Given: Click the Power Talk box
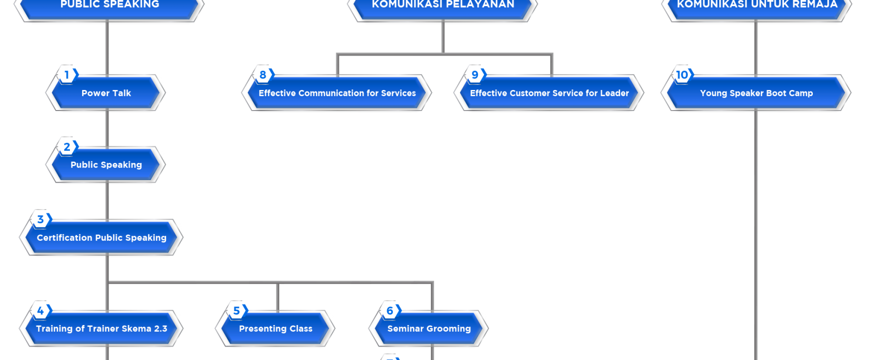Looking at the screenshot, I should click(106, 93).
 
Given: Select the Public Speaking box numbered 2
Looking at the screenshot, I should click(106, 165).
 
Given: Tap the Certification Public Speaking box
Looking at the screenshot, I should click(101, 238).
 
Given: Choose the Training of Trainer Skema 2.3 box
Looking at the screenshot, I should click(101, 329).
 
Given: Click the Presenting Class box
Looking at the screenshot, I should click(276, 329).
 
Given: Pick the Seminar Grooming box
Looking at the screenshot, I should click(429, 329).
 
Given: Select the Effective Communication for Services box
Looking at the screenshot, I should click(337, 93).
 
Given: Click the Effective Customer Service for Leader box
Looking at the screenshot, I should click(549, 93).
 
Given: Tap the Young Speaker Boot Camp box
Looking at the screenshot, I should click(756, 93).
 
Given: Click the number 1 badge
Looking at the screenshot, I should click(67, 75).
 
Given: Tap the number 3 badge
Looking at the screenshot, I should click(40, 220).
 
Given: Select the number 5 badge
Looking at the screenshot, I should click(236, 311).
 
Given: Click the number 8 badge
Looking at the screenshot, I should click(263, 75).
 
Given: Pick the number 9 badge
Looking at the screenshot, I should click(475, 75).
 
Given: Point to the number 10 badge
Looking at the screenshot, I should click(682, 75).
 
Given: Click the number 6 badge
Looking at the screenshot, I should click(390, 311).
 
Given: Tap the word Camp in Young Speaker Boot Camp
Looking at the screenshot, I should click(801, 93).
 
